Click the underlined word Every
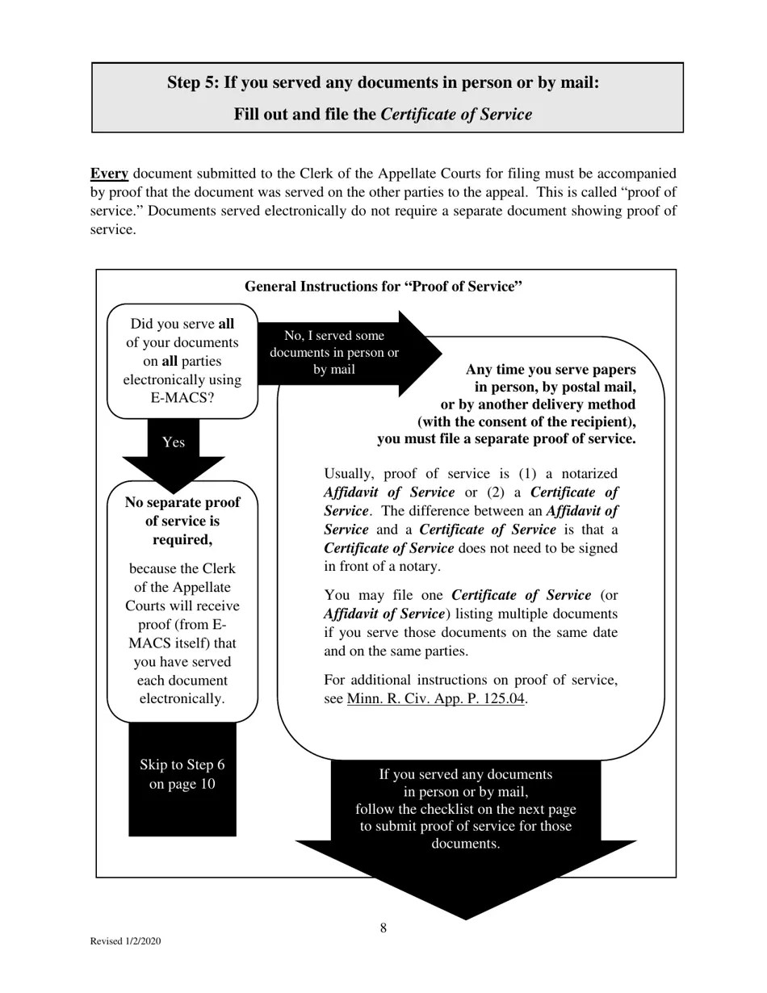109,174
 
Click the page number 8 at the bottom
383,928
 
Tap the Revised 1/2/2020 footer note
125,941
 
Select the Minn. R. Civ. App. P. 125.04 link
436,699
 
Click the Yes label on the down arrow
174,442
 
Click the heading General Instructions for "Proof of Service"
383,287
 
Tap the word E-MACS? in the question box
182,398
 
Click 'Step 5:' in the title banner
193,83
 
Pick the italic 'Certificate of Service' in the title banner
456,115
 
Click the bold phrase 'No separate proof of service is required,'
182,521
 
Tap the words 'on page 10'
182,784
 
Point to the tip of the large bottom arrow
466,916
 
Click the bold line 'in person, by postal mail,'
555,387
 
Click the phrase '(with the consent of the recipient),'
526,421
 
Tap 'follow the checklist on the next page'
466,809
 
